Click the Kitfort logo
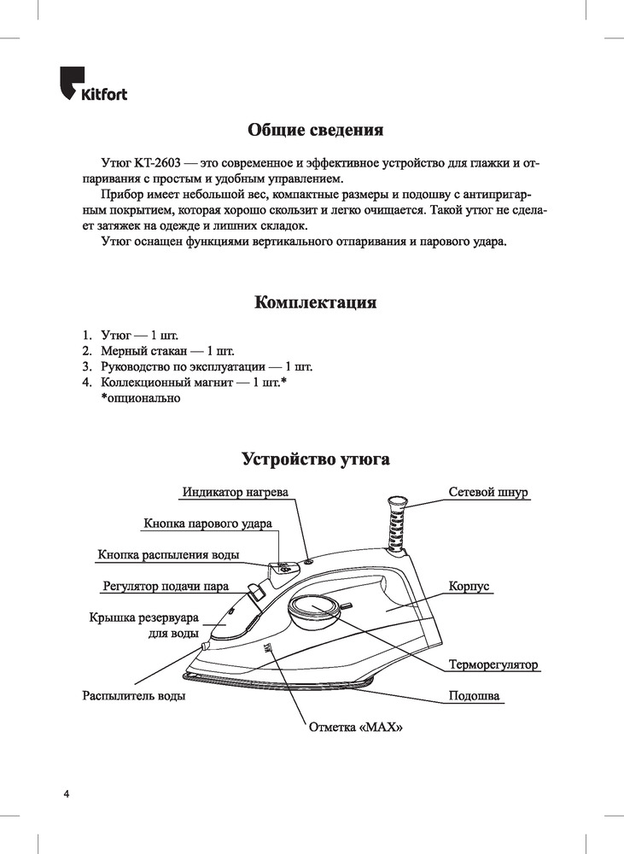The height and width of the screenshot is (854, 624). coord(93,86)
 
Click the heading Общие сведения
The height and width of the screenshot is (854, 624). coord(315,131)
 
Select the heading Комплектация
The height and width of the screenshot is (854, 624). coord(315,303)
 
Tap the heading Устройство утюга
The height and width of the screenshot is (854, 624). coord(315,459)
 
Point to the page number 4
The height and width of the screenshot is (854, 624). coord(66,794)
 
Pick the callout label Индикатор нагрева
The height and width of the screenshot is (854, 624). coord(236,493)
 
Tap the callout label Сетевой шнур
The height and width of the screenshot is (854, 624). coord(489,493)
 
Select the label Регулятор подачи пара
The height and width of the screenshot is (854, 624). coord(166,587)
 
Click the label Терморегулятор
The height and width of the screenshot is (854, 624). coord(493,664)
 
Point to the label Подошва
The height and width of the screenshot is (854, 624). coord(474,695)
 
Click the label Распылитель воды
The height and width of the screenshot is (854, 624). coord(134,695)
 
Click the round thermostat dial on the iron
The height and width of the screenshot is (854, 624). coord(312,610)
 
